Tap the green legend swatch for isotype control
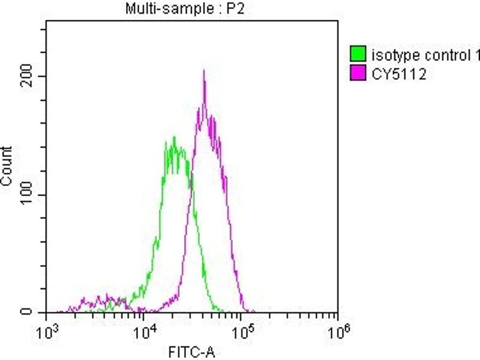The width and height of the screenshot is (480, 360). click(358, 56)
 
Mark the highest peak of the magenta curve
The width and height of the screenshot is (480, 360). click(204, 71)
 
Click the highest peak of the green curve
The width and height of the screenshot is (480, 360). click(174, 137)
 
